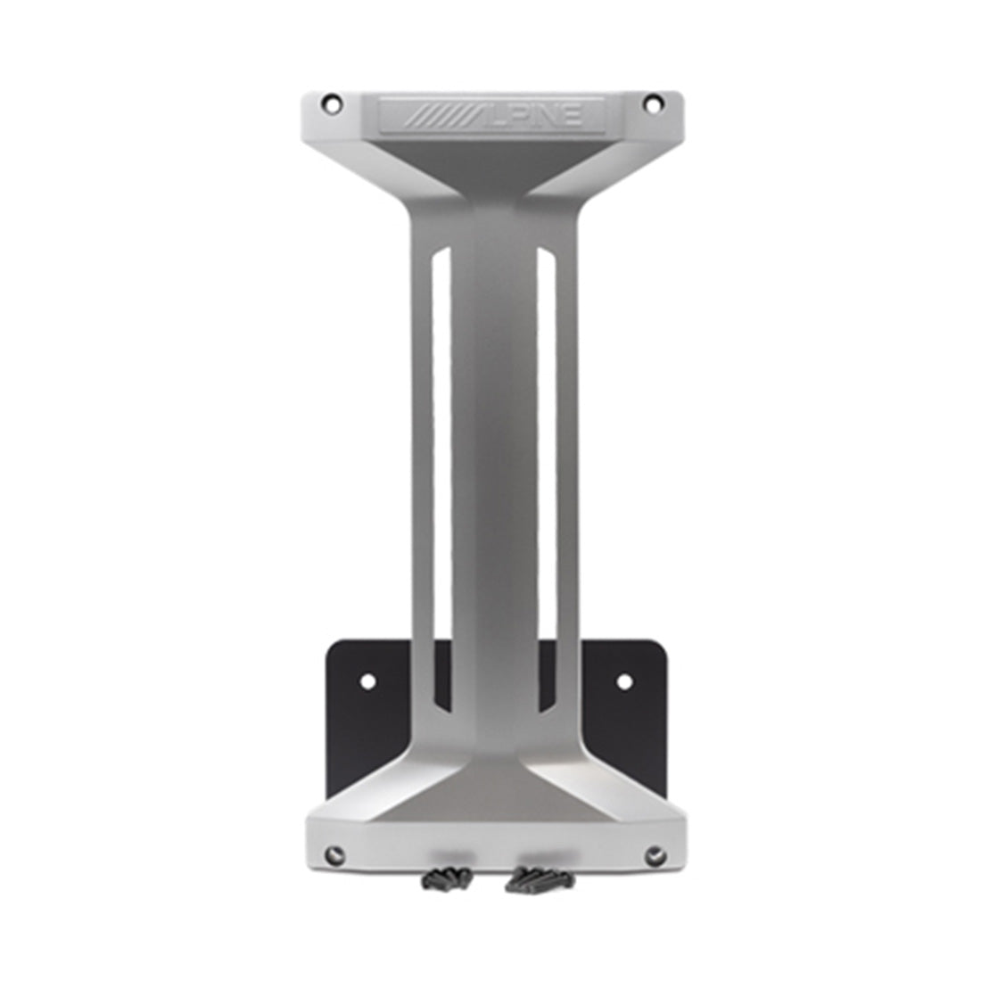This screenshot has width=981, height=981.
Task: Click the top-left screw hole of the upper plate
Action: click(332, 103)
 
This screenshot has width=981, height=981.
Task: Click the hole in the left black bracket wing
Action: click(367, 681)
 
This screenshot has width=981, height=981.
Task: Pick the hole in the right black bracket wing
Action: click(624, 682)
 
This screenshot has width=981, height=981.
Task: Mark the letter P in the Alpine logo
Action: click(517, 116)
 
